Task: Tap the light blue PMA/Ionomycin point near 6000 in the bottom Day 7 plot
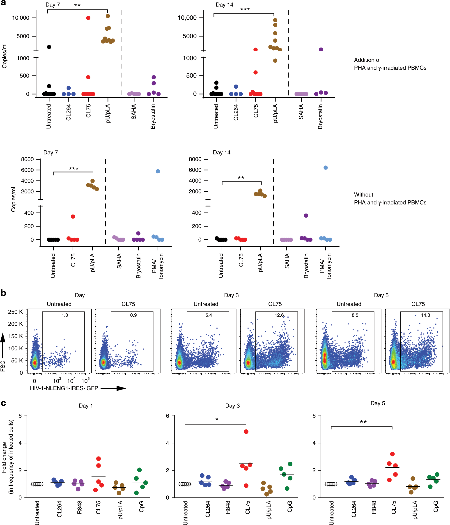click(158, 171)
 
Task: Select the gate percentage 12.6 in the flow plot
click(279, 315)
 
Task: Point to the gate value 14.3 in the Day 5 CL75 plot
click(425, 315)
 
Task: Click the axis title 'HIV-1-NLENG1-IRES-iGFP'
click(64, 388)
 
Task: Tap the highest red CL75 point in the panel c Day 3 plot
click(246, 431)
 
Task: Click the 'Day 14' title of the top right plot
click(224, 5)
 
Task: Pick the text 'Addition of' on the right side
click(367, 60)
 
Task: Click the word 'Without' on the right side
click(363, 195)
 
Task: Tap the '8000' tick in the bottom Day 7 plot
click(27, 159)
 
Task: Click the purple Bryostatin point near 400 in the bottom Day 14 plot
click(306, 216)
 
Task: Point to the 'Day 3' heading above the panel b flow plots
click(231, 295)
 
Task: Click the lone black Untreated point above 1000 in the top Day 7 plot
click(49, 47)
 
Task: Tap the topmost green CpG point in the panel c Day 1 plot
click(139, 470)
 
